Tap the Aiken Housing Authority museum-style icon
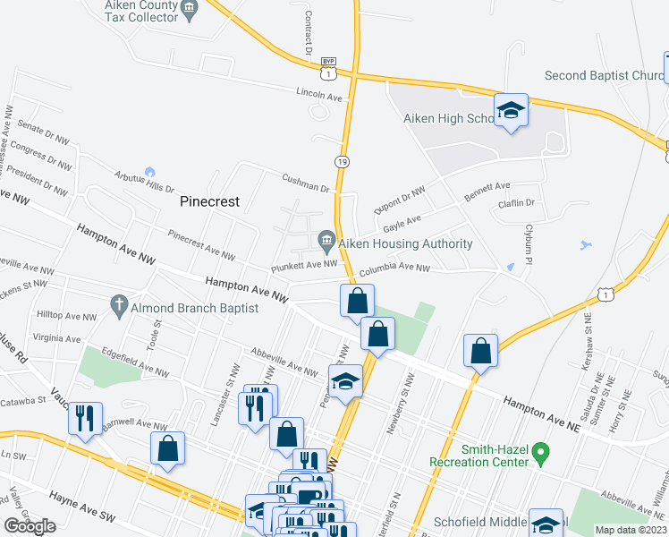pos(326,240)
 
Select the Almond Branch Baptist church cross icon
pos(118,306)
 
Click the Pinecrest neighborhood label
pos(210,201)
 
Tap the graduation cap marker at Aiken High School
pos(511,111)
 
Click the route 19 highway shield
pos(343,161)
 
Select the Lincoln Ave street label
pos(320,95)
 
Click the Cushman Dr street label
pos(306,185)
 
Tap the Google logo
pos(30,525)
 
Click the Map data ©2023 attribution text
pos(631,530)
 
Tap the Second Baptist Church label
pos(604,76)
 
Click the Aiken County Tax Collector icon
pos(189,10)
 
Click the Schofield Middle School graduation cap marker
pos(546,524)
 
